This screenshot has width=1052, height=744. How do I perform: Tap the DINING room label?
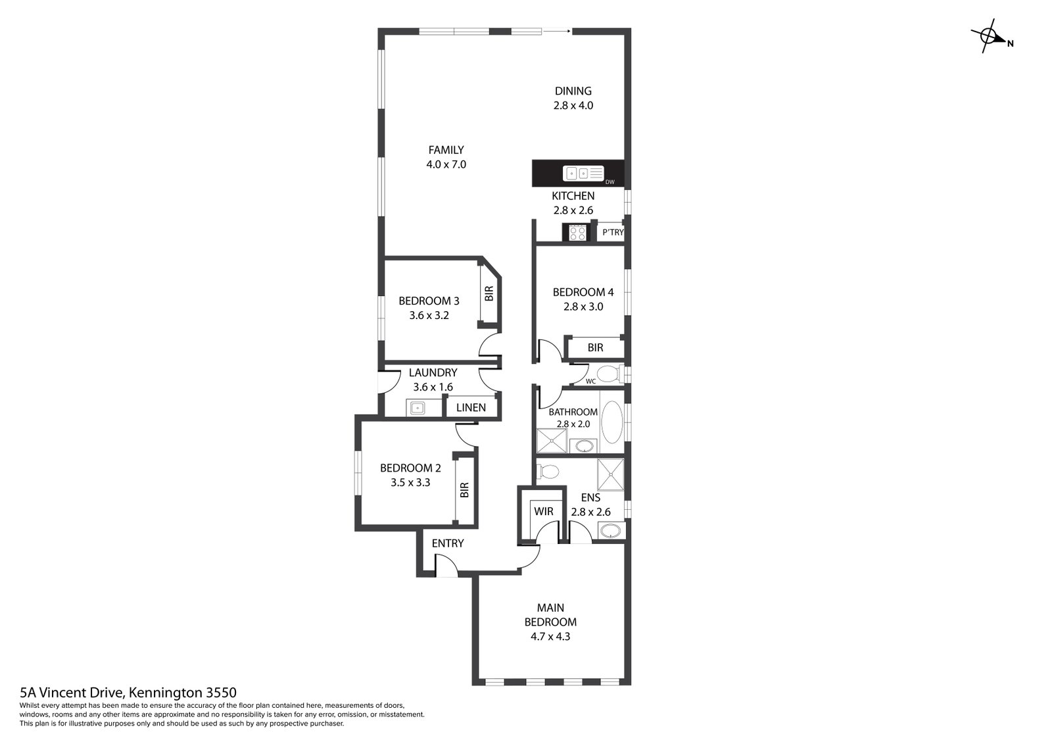(x=573, y=91)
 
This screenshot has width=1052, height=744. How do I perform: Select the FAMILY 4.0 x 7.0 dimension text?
(x=446, y=164)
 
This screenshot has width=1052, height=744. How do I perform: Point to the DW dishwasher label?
(x=610, y=182)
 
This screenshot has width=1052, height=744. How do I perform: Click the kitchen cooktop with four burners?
(x=577, y=232)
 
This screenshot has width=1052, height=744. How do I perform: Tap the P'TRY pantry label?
(x=613, y=232)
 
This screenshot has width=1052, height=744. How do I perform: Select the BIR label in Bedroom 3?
(x=489, y=293)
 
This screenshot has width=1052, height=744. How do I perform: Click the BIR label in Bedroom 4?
(x=595, y=347)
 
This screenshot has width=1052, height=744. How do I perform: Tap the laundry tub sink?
(x=417, y=408)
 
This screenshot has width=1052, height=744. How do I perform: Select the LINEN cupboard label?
(x=471, y=407)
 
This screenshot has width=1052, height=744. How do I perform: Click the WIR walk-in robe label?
(x=543, y=511)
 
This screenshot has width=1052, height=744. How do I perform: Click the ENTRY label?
(x=448, y=543)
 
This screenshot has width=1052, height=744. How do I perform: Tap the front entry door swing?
(x=444, y=564)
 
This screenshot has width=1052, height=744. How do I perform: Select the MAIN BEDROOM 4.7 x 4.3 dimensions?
(x=550, y=636)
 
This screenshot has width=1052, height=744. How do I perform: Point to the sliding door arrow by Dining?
(x=556, y=30)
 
